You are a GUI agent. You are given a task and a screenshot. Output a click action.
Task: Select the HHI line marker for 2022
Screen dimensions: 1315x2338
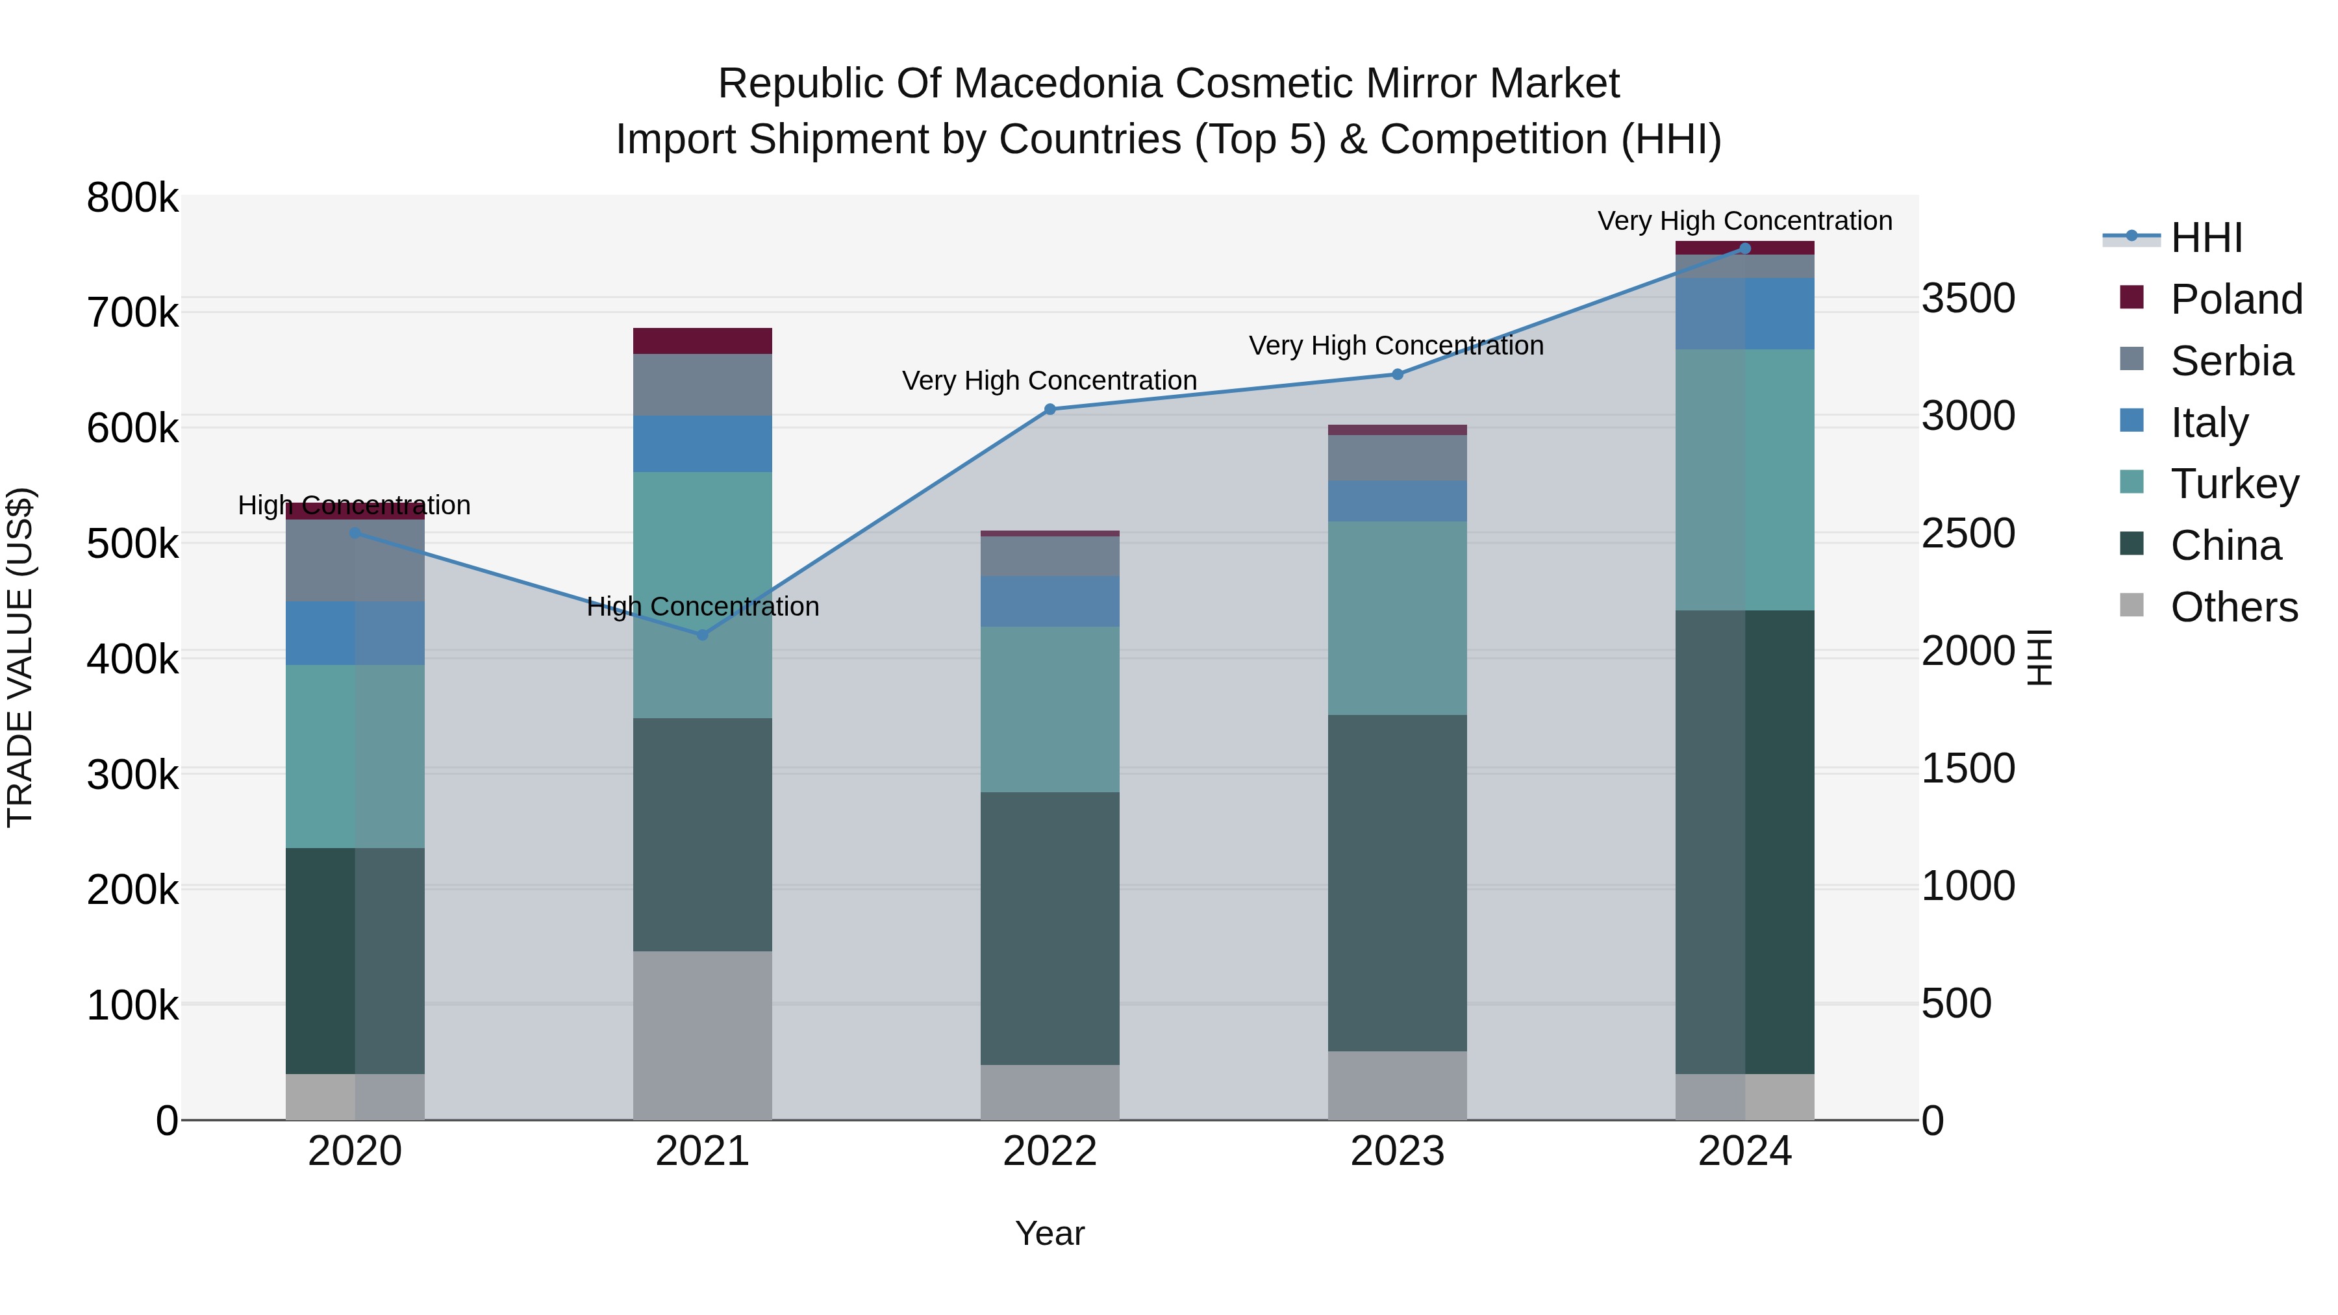point(1050,409)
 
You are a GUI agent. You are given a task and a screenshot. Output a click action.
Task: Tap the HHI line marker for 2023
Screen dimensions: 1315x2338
point(1398,374)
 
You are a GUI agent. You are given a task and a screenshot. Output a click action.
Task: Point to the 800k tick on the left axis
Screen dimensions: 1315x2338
point(132,198)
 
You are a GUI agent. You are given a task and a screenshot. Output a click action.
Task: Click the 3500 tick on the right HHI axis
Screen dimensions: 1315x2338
point(1968,299)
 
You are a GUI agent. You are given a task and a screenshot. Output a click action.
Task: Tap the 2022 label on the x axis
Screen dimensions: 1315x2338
point(1050,1151)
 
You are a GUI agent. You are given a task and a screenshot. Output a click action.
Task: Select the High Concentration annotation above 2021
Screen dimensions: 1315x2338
point(703,607)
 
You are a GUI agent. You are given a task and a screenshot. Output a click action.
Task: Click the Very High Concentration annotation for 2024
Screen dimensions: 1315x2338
point(1744,221)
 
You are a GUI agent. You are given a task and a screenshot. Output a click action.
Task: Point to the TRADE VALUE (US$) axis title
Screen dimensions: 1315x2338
point(20,657)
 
